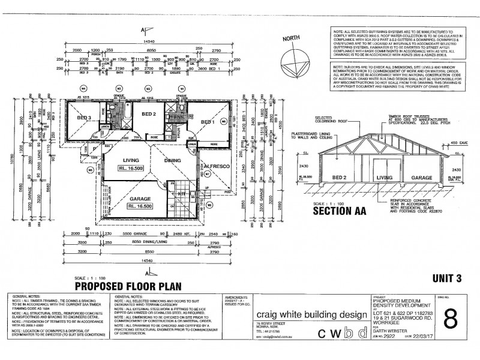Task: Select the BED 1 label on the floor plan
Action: point(208,122)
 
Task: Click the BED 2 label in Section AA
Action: point(340,178)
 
